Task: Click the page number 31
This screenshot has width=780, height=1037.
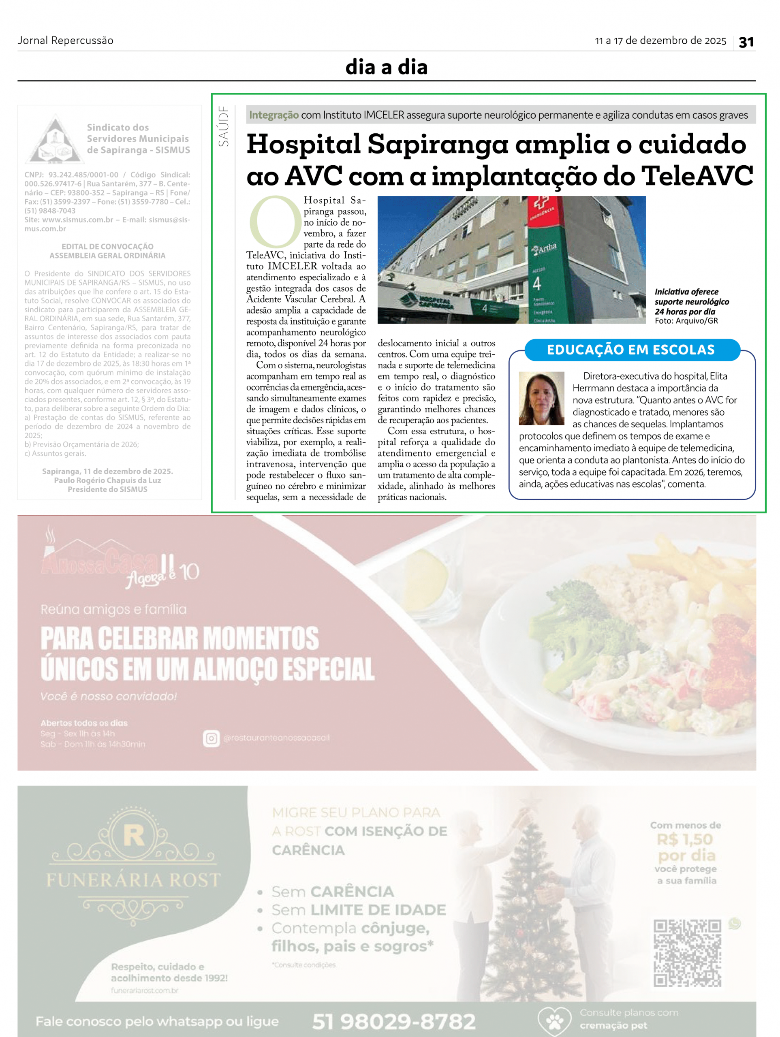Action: point(746,42)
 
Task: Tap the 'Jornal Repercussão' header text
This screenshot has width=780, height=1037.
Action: point(66,41)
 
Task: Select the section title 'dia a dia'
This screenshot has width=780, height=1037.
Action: point(387,67)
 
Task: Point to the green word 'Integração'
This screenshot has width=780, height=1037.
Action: point(274,115)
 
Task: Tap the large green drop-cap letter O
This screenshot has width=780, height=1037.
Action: point(275,222)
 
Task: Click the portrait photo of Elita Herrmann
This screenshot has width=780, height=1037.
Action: point(541,399)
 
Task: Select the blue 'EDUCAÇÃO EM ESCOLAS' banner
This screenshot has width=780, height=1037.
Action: point(631,350)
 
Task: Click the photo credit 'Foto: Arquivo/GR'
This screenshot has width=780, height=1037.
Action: point(686,321)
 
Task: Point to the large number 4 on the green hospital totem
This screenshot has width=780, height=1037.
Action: point(536,284)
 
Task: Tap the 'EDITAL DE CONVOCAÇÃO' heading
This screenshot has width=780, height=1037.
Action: point(107,247)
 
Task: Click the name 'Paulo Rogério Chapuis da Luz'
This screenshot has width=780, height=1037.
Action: point(107,480)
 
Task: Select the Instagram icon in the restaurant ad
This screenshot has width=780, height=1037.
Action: point(211,738)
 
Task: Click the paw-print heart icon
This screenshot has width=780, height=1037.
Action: point(554,1020)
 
